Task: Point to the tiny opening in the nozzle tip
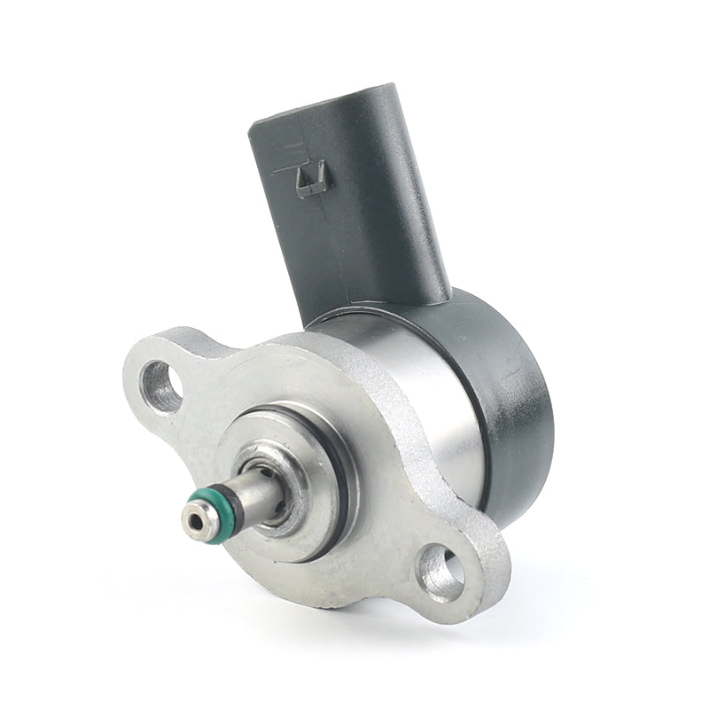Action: coord(191,520)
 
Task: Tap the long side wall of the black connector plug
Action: coord(381,204)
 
